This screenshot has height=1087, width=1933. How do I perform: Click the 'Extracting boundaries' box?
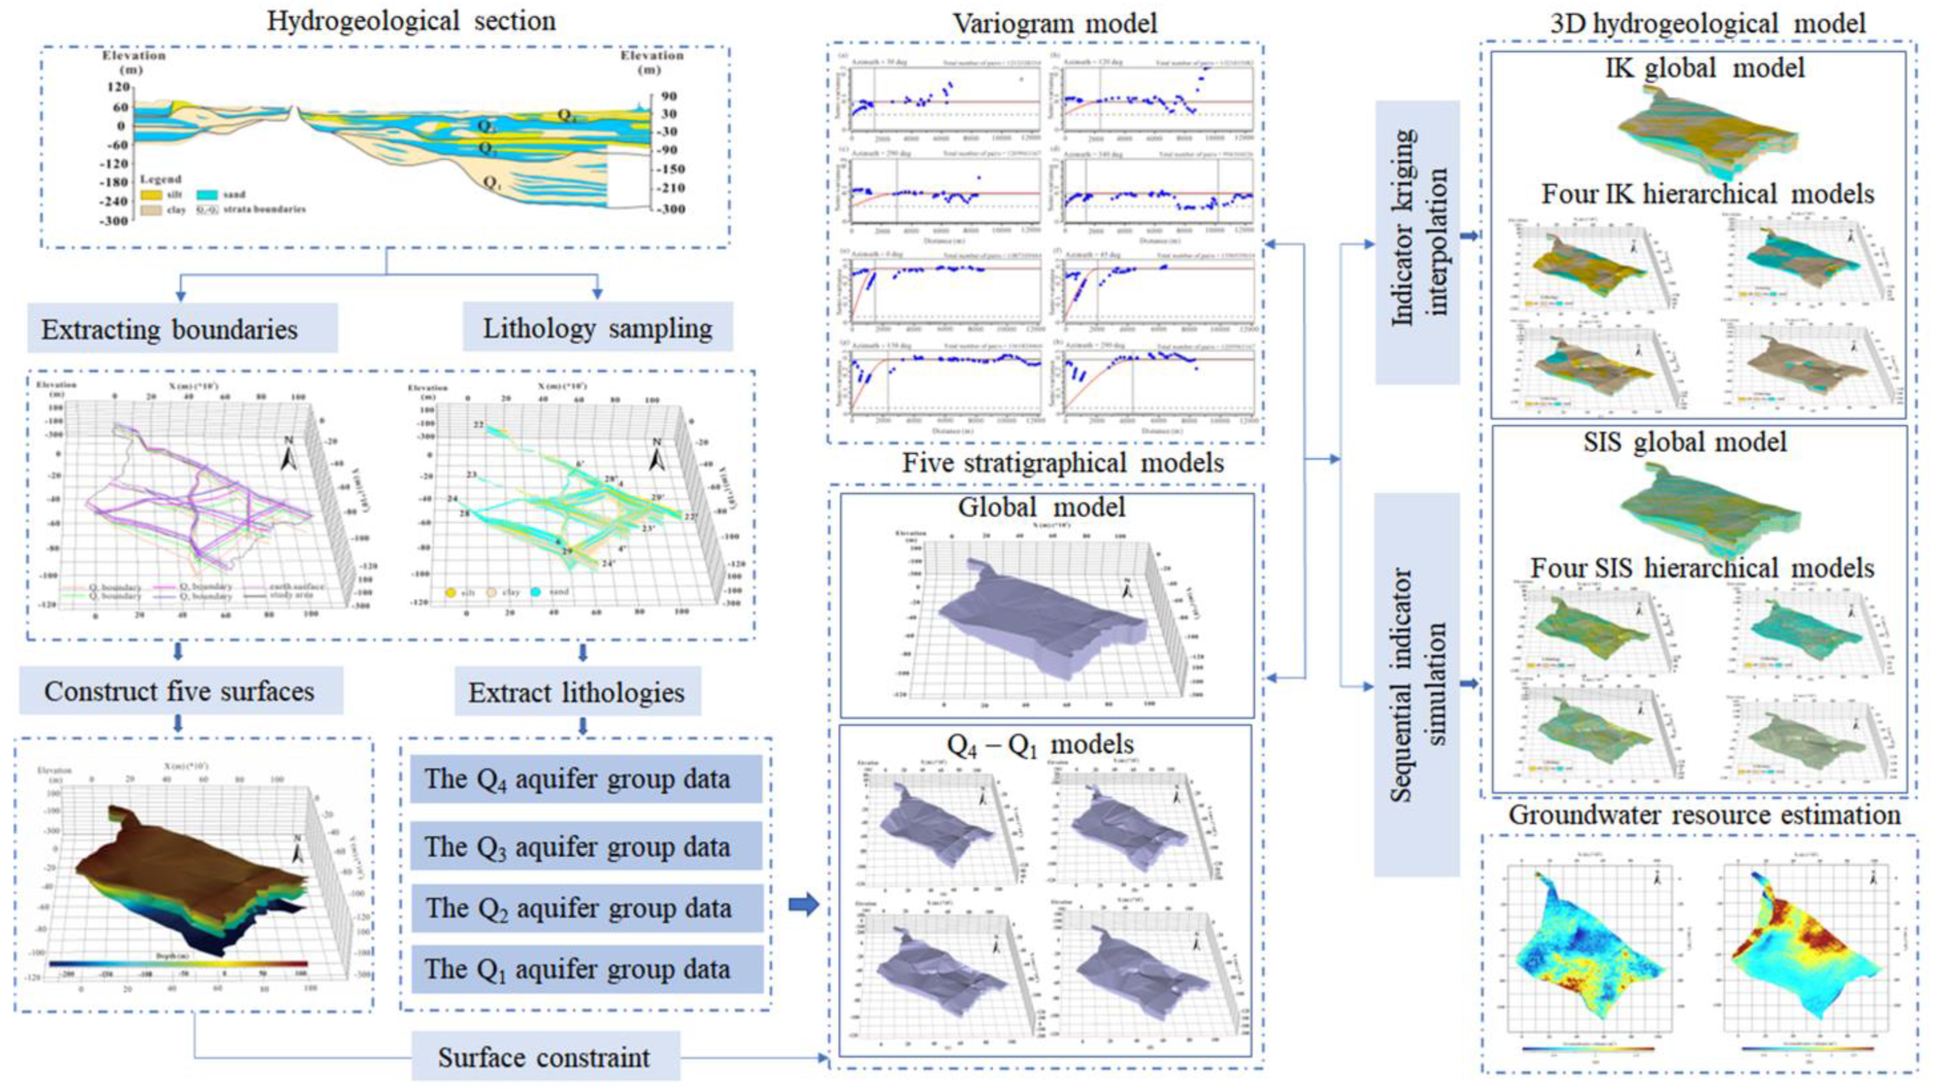(x=183, y=328)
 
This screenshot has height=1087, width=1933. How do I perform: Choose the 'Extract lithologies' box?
(x=577, y=692)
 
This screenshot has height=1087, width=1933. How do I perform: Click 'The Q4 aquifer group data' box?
(x=586, y=779)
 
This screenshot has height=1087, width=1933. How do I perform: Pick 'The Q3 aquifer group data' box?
(x=586, y=846)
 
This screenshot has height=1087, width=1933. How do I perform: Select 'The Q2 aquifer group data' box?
(x=586, y=908)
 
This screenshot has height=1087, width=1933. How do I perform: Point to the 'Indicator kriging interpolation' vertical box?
(x=1417, y=242)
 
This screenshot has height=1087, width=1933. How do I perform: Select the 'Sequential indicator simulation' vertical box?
(x=1417, y=684)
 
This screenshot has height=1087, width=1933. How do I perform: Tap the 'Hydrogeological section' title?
(x=411, y=20)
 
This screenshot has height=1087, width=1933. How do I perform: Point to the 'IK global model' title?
(x=1704, y=68)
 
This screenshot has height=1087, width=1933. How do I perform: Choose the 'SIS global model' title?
(x=1685, y=441)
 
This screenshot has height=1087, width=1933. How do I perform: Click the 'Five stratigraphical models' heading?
(x=1062, y=462)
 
